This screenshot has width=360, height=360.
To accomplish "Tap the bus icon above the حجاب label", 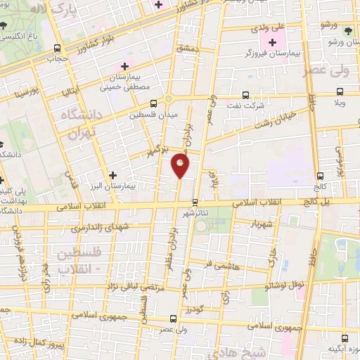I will coord(57,48).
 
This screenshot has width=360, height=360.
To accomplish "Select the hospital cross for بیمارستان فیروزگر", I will coord(272,43).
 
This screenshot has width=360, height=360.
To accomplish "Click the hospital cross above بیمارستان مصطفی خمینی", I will coord(125,66).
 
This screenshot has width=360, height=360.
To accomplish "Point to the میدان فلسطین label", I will coord(155,112).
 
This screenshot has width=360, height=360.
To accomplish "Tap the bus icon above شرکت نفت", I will coord(245,95).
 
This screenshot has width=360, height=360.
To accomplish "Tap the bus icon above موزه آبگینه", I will coord(345,338).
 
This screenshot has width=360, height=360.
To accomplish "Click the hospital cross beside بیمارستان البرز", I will coord(112,174).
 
